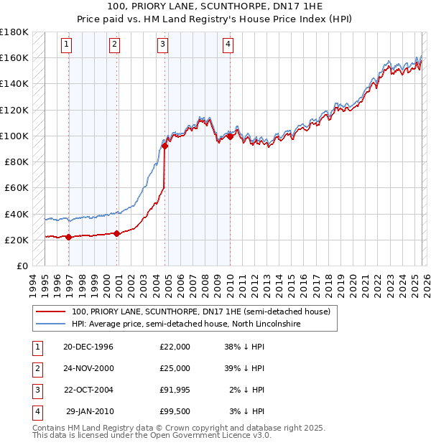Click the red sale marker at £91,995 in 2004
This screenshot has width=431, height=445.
[165, 146]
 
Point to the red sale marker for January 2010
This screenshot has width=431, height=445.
[230, 136]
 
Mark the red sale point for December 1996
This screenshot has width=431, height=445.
[69, 237]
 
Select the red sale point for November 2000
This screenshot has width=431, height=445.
[117, 233]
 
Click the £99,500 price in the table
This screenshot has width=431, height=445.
[175, 411]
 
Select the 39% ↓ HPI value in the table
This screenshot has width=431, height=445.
[245, 368]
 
